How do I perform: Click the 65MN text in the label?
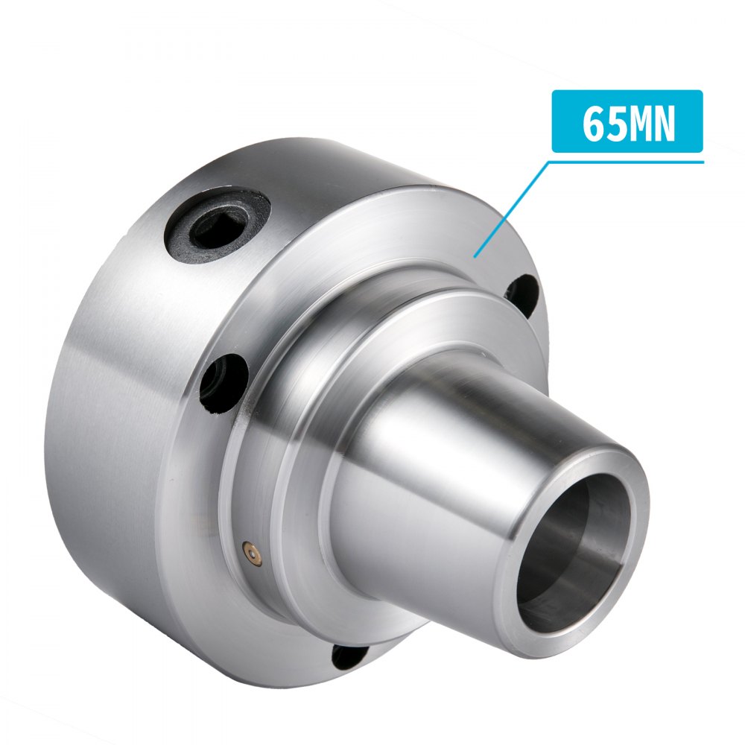pos(628,124)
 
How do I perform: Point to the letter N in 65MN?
pos(664,124)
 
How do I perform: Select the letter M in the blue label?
pos(638,124)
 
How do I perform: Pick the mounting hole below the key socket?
pos(223,381)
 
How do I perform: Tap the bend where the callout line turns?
pos(552,161)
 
